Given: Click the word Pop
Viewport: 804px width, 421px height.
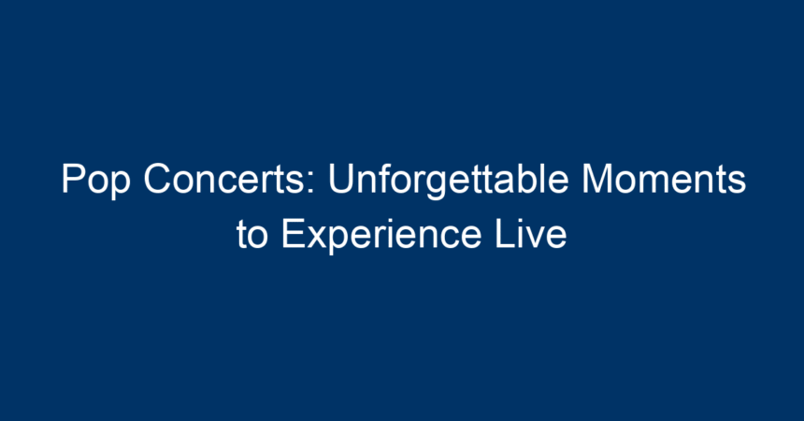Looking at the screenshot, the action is click(x=95, y=181).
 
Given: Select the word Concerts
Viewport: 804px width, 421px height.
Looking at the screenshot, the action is click(x=224, y=179).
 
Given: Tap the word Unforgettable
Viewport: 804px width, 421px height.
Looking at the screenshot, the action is click(x=448, y=180).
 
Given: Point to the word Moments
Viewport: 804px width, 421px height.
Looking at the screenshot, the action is click(x=664, y=179).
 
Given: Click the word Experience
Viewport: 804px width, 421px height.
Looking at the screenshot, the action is click(x=380, y=236).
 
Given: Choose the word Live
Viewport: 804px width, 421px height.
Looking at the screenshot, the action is click(x=531, y=234).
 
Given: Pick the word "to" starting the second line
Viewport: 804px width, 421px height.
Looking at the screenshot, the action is click(x=251, y=236).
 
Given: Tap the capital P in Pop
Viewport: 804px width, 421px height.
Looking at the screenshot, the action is click(x=73, y=179).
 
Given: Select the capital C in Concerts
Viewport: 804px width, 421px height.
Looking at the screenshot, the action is click(x=156, y=179).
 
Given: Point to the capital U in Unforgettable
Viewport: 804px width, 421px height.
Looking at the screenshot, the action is click(x=341, y=179).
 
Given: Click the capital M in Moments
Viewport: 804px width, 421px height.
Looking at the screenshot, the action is click(x=596, y=179).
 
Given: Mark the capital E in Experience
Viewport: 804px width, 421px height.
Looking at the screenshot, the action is click(x=293, y=234).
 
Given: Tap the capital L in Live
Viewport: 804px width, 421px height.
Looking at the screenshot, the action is click(x=505, y=234).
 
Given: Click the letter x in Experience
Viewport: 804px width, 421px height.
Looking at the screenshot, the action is click(x=317, y=239).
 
